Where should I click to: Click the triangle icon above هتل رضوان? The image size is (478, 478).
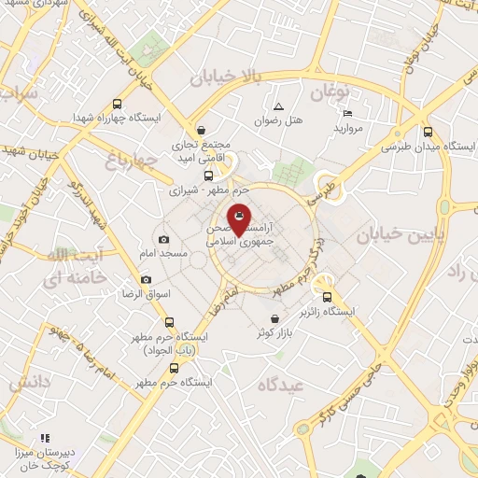(x=278, y=105)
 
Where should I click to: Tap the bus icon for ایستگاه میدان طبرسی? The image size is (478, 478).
(x=428, y=132)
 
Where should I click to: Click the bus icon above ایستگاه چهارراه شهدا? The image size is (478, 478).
(x=118, y=105)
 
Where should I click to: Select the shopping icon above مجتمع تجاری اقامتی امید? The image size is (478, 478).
(x=201, y=131)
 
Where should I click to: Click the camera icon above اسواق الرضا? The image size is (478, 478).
(x=146, y=279)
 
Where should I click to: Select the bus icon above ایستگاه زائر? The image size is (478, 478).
(x=327, y=296)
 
